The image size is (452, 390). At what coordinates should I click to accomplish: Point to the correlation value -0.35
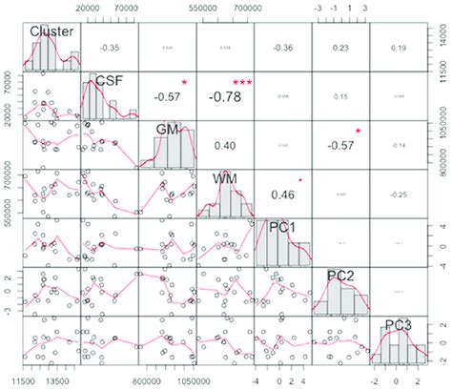(x=109, y=46)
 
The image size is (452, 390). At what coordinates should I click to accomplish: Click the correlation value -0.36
(x=282, y=46)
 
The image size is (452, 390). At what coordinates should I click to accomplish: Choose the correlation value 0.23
(x=340, y=46)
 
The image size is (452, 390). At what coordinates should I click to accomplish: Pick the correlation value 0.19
(x=398, y=46)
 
